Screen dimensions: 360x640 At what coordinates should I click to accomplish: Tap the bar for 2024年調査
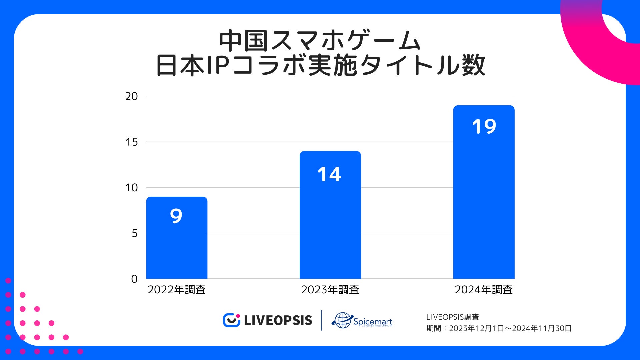484,200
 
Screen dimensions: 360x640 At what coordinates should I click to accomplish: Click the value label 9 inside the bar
176,216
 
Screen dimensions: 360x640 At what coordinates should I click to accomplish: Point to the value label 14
329,174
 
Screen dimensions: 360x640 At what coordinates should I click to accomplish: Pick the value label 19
484,127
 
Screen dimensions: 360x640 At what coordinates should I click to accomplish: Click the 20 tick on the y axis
131,96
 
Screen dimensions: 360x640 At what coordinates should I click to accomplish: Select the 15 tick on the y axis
131,142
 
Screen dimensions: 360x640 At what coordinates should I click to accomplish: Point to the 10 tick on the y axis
131,188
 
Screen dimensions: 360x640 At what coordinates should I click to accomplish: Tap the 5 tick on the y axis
134,233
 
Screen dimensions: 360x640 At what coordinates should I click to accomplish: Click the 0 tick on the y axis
134,279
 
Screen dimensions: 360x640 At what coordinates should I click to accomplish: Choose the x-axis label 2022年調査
177,290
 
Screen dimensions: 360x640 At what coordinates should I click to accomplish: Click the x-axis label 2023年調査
330,290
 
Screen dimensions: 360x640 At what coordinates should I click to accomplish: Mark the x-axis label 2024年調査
484,290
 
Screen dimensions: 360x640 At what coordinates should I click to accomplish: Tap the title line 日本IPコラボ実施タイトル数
320,65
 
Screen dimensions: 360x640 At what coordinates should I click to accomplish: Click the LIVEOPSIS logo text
278,321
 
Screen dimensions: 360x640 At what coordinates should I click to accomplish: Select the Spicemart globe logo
342,320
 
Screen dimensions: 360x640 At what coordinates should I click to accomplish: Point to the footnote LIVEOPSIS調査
452,317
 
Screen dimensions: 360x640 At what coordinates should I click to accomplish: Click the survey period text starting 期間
499,329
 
